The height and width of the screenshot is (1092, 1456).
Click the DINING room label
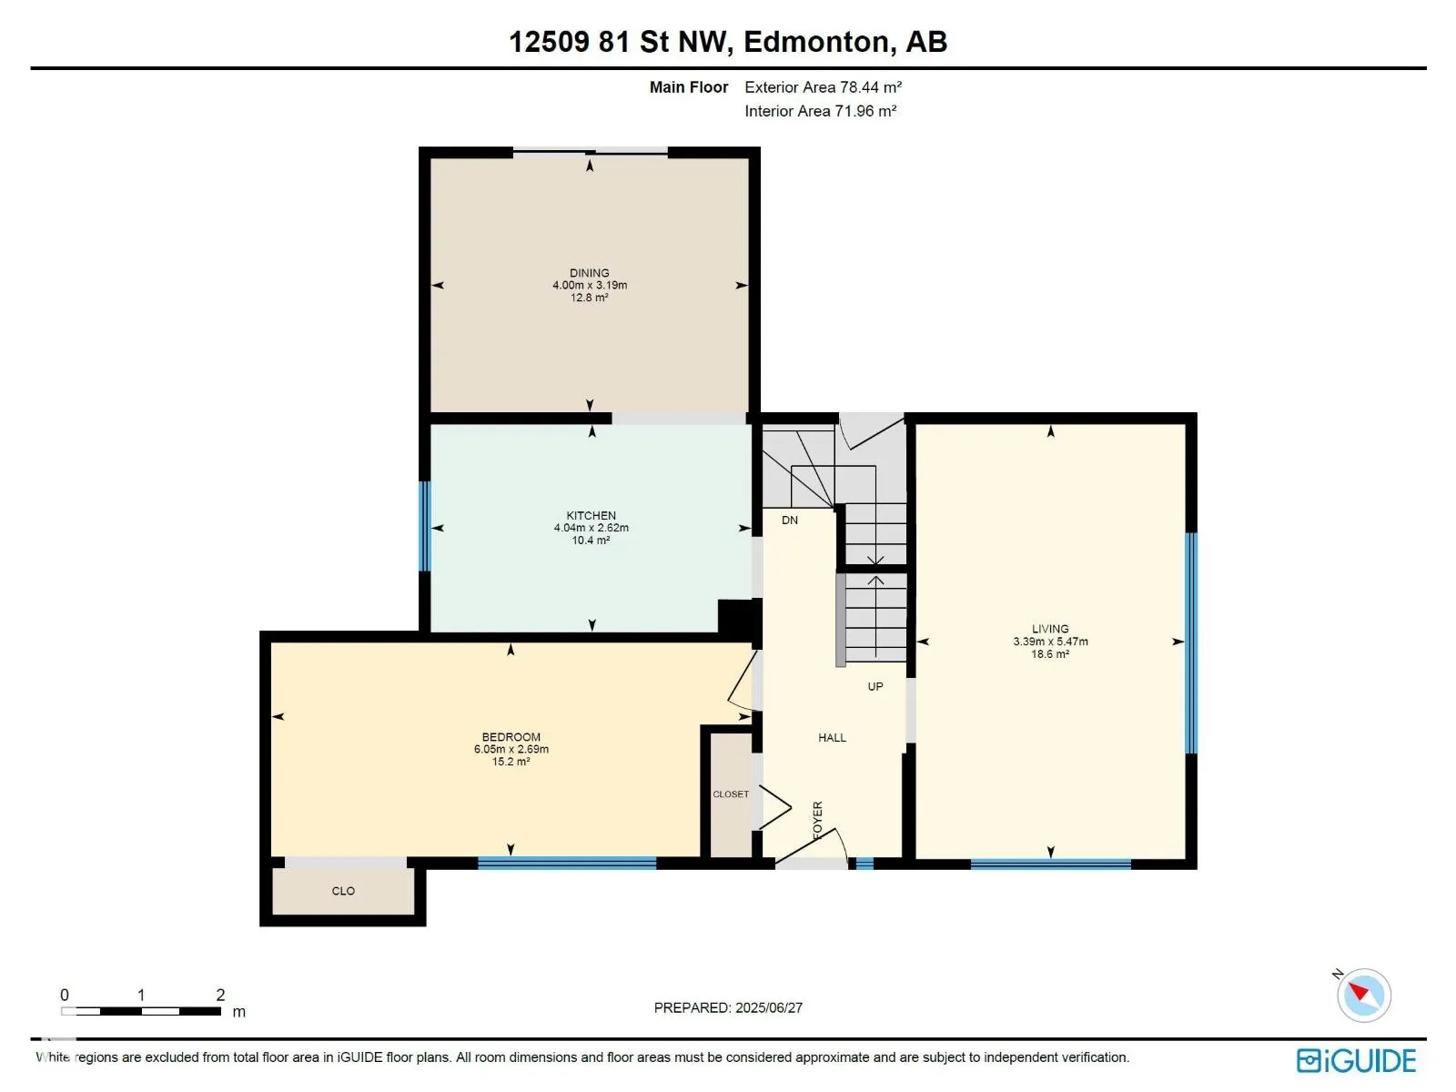coord(589,272)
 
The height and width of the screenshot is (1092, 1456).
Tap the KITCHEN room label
coord(591,515)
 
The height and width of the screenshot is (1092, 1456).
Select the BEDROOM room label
coord(511,736)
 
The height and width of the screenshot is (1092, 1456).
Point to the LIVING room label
coord(1050,629)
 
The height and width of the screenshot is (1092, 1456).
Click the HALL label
coord(832,737)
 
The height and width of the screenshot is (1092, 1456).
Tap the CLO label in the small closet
coord(343,891)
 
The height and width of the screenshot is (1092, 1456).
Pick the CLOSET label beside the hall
coord(731,794)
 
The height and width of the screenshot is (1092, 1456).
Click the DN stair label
coord(789,520)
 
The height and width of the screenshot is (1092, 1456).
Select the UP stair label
coord(875,686)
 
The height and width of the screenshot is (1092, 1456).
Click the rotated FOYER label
coord(817,820)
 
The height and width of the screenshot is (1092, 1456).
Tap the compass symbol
coord(1363,995)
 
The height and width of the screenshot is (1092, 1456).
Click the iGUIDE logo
coord(1356,1061)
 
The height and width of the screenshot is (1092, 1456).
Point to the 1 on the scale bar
coord(141,995)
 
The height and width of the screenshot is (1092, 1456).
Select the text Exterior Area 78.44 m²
coord(823,86)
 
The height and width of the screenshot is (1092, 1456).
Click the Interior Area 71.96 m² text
coord(820,111)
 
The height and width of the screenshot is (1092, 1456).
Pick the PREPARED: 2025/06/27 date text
coord(728,1007)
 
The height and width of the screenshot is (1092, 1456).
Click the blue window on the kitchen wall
coord(425,527)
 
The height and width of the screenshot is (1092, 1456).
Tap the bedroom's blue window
coord(567,863)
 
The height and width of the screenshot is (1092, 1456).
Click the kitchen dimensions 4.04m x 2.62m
coord(591,528)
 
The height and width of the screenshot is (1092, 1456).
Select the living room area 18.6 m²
coord(1050,653)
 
